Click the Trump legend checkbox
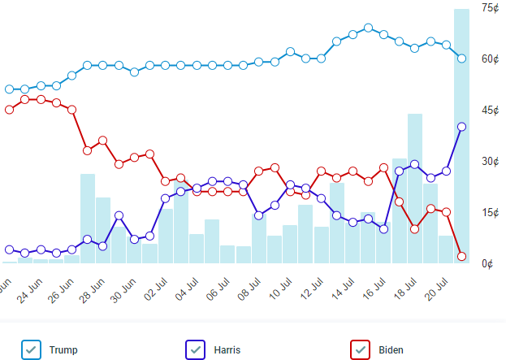(x=31, y=349)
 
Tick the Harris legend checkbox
(x=196, y=349)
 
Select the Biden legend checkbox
(x=360, y=349)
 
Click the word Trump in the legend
(x=63, y=350)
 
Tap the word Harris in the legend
(x=227, y=350)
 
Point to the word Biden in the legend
(x=391, y=350)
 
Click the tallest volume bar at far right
(x=461, y=163)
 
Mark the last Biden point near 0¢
(x=461, y=256)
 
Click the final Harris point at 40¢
(x=461, y=127)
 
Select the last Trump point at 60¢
(x=461, y=59)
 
